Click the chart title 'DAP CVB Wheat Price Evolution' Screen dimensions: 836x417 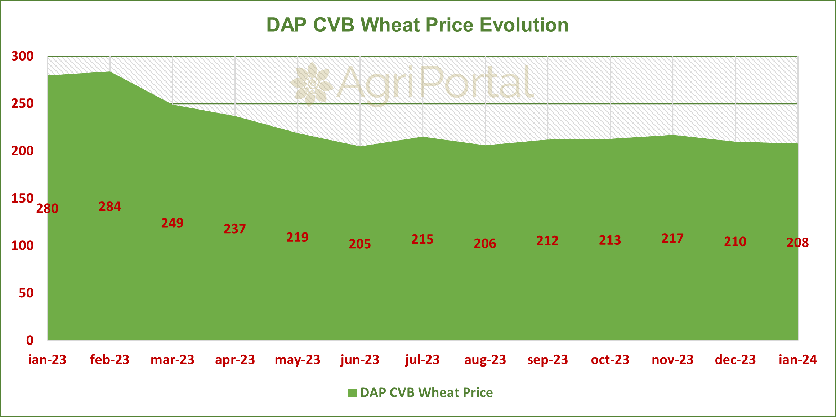point(417,25)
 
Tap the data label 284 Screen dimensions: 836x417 point(110,207)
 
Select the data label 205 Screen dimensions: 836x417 point(360,244)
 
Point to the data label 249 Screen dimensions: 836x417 point(172,223)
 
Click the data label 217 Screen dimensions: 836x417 point(672,238)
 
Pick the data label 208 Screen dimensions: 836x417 point(797,243)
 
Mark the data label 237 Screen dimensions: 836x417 point(235,229)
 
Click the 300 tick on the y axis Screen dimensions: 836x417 point(22,56)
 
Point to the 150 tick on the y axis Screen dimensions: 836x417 point(22,198)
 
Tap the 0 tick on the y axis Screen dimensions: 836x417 point(30,340)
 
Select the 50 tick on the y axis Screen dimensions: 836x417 point(26,293)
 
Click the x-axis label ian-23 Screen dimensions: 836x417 point(47,360)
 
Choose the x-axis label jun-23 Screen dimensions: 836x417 point(360,360)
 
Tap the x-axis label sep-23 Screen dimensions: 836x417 point(547,360)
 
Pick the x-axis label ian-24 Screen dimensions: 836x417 point(797,360)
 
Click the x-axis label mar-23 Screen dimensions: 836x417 point(172,360)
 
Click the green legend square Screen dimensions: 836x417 point(352,392)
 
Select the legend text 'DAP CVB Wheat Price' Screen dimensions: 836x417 point(426,392)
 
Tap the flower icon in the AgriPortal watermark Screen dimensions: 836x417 point(312,84)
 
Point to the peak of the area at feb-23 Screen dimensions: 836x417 point(110,71)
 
